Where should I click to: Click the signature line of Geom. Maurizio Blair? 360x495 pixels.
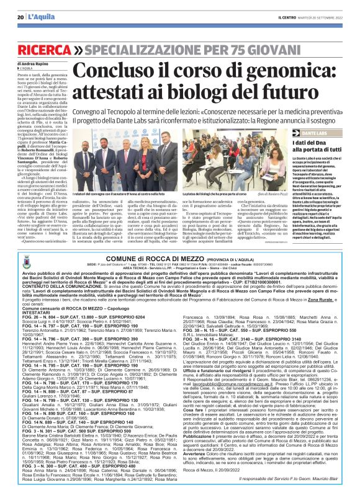(292, 481)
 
